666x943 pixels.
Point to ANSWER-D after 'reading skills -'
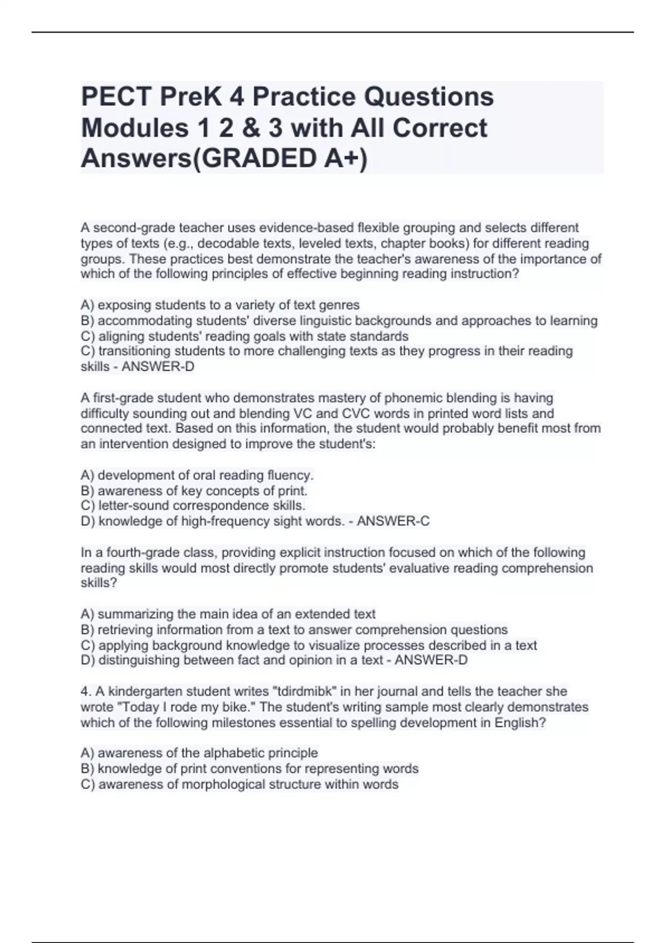[158, 367]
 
